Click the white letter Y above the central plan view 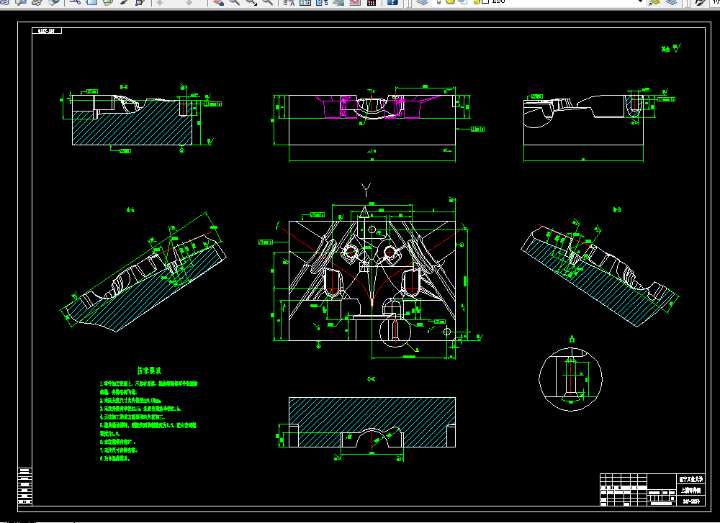pos(366,190)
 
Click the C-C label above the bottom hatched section pos(372,379)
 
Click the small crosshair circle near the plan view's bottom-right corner pos(447,332)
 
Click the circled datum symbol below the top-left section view pos(181,151)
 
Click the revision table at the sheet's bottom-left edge pos(25,486)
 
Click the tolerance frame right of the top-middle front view pos(477,129)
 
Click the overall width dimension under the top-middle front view pos(372,153)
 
